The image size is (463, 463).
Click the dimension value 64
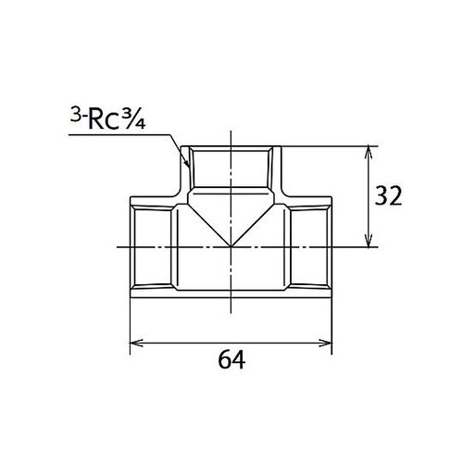[231, 358]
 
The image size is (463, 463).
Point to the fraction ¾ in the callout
[138, 122]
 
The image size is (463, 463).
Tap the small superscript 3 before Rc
[74, 117]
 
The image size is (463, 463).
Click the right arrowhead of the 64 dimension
[328, 342]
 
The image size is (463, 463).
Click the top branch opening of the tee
[231, 148]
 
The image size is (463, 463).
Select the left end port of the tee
[131, 247]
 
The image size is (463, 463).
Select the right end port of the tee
[331, 247]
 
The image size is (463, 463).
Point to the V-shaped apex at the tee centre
[231, 246]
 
